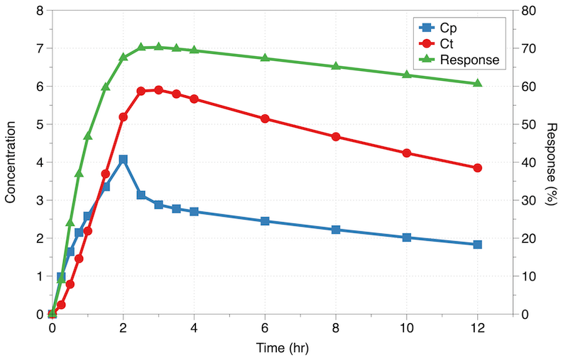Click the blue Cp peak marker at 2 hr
[x=123, y=160]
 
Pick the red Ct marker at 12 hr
[x=477, y=168]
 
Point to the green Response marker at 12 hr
[x=477, y=83]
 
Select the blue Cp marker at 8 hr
[x=336, y=229]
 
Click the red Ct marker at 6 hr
[x=265, y=119]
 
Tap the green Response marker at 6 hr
[x=265, y=58]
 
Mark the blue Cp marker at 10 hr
[x=407, y=237]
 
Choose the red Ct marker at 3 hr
[x=158, y=90]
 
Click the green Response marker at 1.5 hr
[x=105, y=87]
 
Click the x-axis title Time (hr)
[x=282, y=349]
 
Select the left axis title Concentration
[x=11, y=162]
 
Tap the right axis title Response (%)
[x=552, y=163]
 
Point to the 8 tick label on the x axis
[x=336, y=329]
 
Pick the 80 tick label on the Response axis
[x=528, y=11]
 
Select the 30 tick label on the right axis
[x=528, y=200]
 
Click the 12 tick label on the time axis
[x=477, y=329]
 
